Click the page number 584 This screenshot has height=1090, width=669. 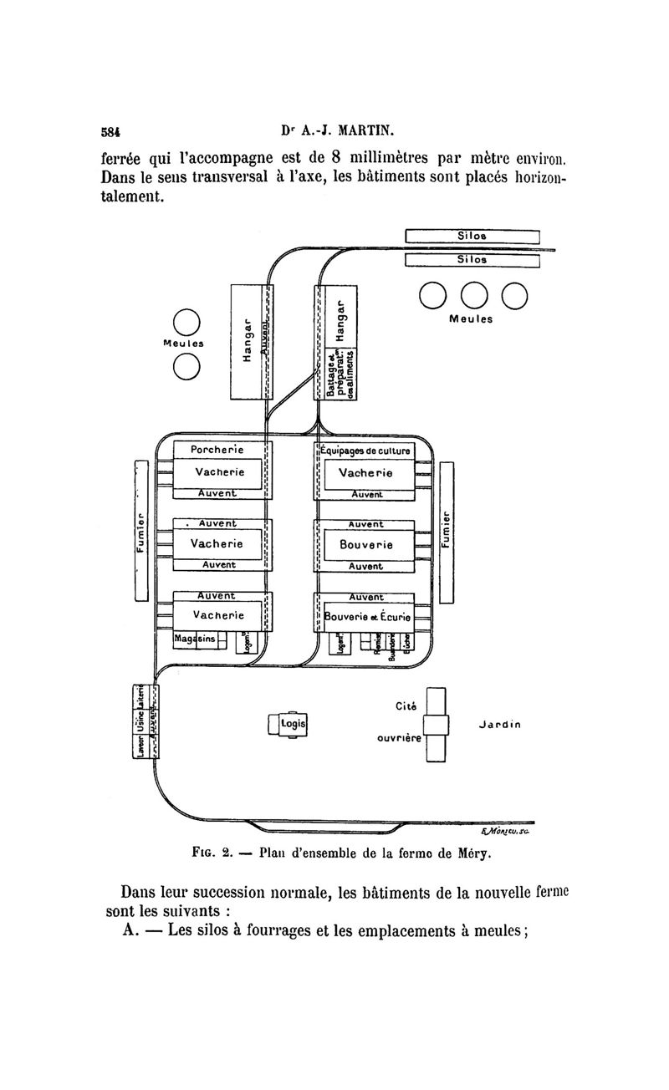point(110,131)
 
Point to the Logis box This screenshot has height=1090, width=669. point(292,723)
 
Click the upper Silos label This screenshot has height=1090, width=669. point(473,236)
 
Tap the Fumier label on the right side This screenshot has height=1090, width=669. point(446,532)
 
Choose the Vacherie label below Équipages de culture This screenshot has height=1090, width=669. point(365,473)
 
